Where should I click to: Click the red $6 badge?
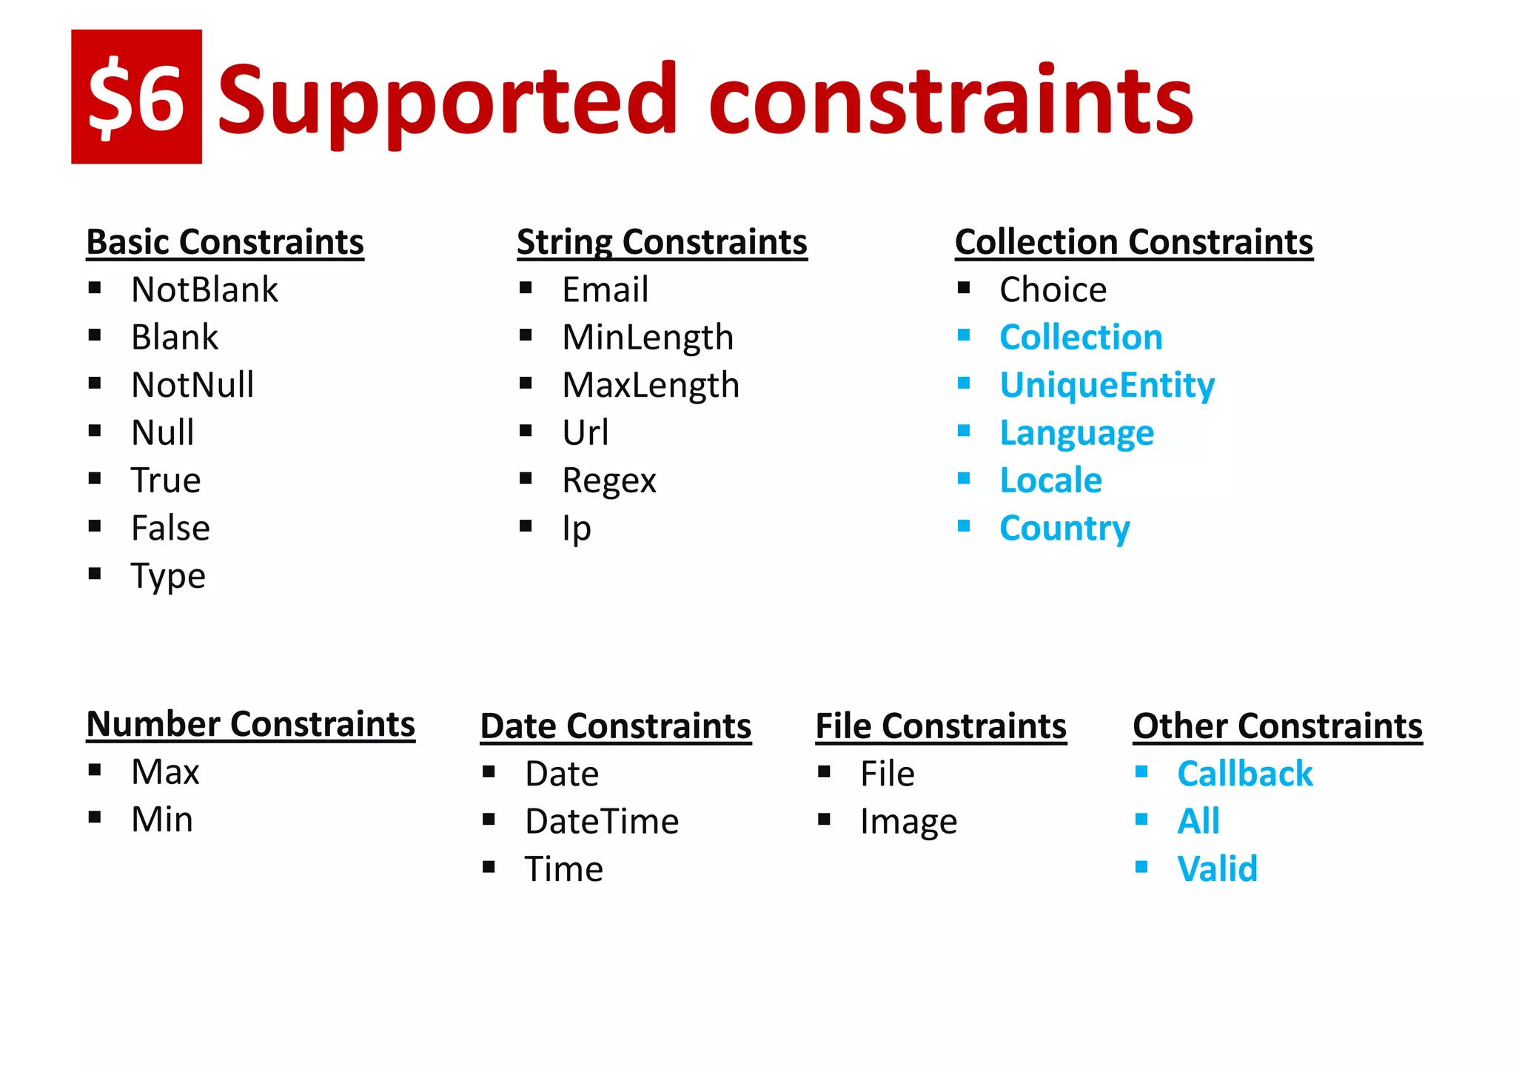[x=136, y=97]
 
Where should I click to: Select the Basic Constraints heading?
[x=225, y=242]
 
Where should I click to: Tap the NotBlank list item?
[x=204, y=289]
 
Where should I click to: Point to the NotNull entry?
[x=192, y=385]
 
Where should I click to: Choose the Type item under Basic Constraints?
[x=168, y=576]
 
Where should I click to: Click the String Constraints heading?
[x=662, y=242]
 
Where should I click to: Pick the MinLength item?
[x=648, y=338]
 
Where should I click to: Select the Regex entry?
[x=609, y=480]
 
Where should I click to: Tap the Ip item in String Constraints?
[x=577, y=529]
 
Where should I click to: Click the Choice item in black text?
[x=1053, y=289]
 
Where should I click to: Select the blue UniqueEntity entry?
[x=1107, y=385]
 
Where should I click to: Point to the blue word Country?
[x=1064, y=529]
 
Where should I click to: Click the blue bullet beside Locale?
[x=964, y=479]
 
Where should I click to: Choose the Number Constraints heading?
[x=251, y=724]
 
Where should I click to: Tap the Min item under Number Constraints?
[x=162, y=820]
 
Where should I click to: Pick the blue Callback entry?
[x=1245, y=774]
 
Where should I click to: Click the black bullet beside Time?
[x=489, y=867]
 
